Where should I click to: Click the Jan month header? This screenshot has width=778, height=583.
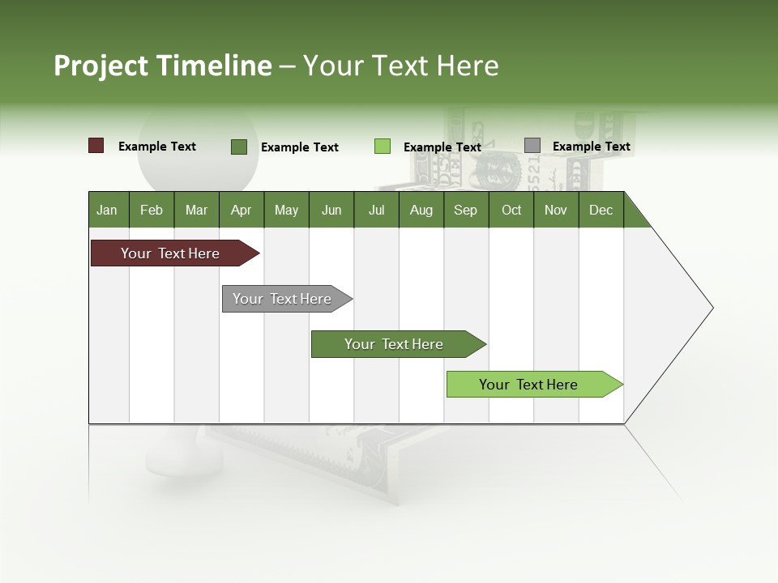pyautogui.click(x=107, y=210)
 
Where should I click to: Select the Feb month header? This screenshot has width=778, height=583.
pyautogui.click(x=152, y=210)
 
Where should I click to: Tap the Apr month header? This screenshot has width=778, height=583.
pyautogui.click(x=241, y=210)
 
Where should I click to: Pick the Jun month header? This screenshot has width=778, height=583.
pyautogui.click(x=331, y=210)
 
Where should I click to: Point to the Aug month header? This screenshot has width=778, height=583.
pyautogui.click(x=421, y=210)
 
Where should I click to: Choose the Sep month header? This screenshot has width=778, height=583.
pyautogui.click(x=465, y=210)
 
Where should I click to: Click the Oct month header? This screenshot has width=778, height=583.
pyautogui.click(x=511, y=210)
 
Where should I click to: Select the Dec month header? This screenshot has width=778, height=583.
pyautogui.click(x=601, y=210)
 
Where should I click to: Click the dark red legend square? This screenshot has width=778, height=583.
pyautogui.click(x=96, y=146)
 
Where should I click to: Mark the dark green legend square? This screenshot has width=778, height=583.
pyautogui.click(x=239, y=147)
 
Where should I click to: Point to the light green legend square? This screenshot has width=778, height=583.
pyautogui.click(x=383, y=147)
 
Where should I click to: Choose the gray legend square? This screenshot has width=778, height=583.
pyautogui.click(x=532, y=146)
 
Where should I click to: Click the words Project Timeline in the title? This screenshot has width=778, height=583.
pyautogui.click(x=163, y=66)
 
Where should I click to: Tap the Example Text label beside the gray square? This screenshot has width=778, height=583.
pyautogui.click(x=591, y=147)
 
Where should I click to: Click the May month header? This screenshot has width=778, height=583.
pyautogui.click(x=286, y=210)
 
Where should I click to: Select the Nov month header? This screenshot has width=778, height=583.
pyautogui.click(x=556, y=210)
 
